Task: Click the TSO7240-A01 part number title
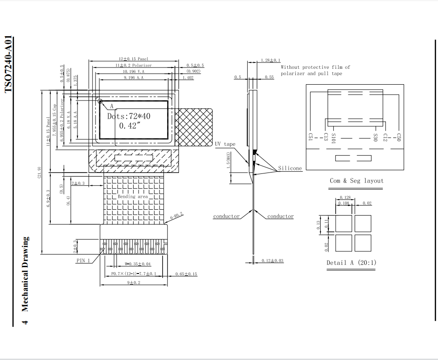(9, 64)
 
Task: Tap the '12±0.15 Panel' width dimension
(134, 59)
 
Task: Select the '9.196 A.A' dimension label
(134, 78)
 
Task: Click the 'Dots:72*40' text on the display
(129, 116)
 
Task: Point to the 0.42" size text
(130, 126)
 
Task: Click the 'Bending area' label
(133, 197)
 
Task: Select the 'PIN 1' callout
(83, 260)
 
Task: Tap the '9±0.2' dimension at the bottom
(134, 283)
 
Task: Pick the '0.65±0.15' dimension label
(186, 274)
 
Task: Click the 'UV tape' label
(225, 144)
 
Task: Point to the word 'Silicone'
(290, 168)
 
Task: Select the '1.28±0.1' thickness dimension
(270, 60)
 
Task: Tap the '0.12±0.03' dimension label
(273, 260)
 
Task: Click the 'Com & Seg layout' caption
(356, 181)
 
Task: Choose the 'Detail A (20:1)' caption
(351, 263)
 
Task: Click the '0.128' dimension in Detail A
(346, 198)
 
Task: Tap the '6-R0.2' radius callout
(176, 216)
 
